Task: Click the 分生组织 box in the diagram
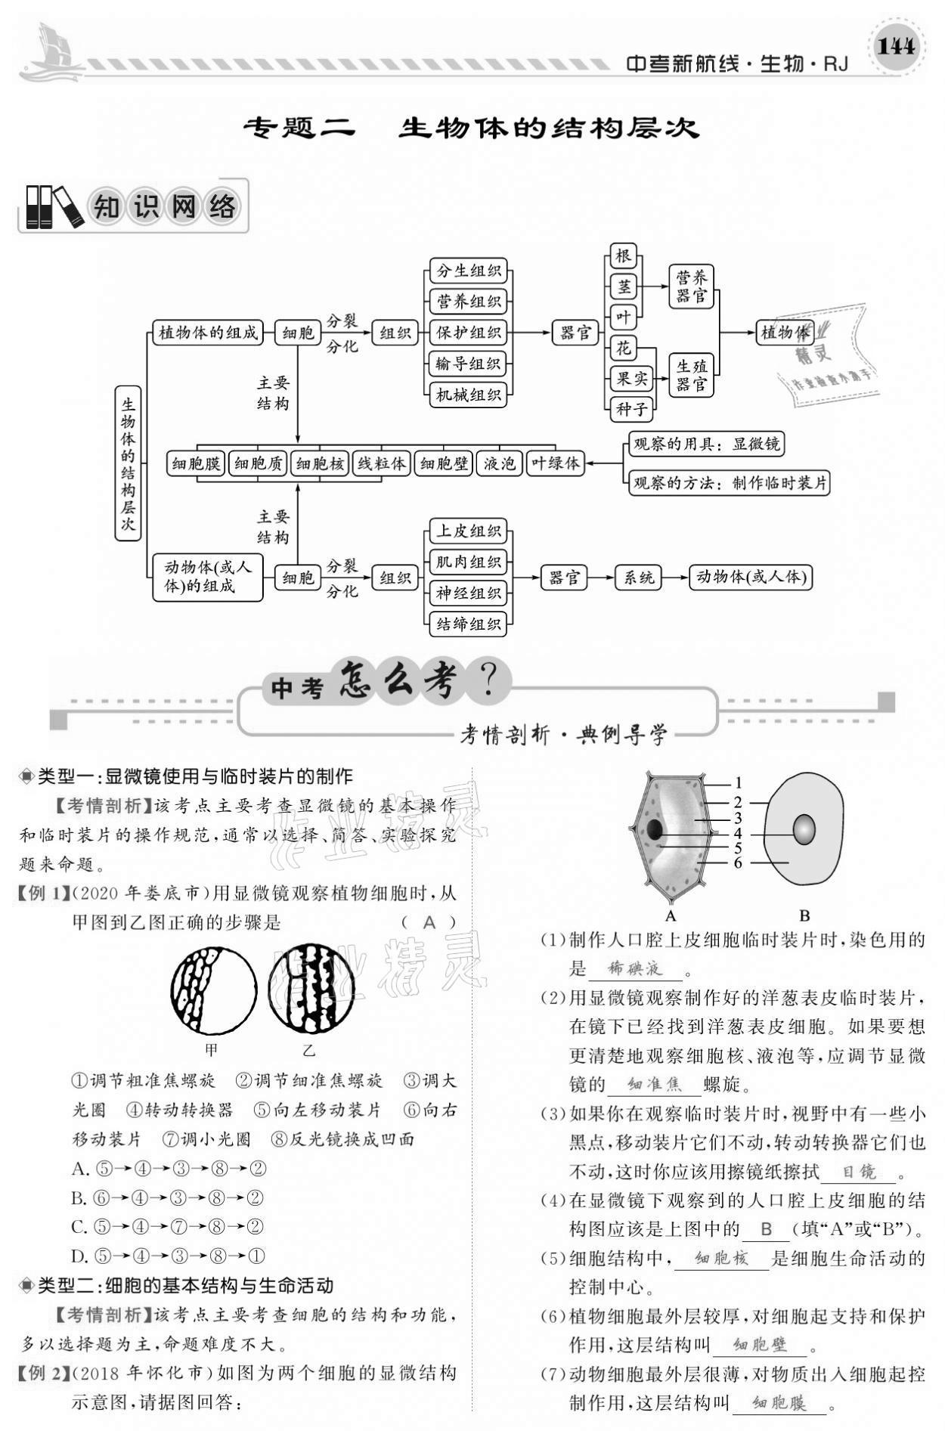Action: pos(469,271)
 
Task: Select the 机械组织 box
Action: pos(469,395)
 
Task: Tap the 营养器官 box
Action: pos(692,287)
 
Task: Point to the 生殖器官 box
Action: pos(692,375)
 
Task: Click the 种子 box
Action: pos(631,409)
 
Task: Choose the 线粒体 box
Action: pos(381,463)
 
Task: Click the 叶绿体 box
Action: pos(555,463)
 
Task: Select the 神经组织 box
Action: pos(469,593)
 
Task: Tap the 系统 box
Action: pos(637,578)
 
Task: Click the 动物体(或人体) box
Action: pos(751,578)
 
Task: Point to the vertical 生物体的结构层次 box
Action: pos(128,463)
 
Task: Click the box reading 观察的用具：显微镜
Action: pos(705,444)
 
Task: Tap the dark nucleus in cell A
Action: pos(654,831)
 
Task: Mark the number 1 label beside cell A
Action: pos(739,783)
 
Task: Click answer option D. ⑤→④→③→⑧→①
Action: pos(169,1256)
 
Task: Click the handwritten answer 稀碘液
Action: pos(635,968)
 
